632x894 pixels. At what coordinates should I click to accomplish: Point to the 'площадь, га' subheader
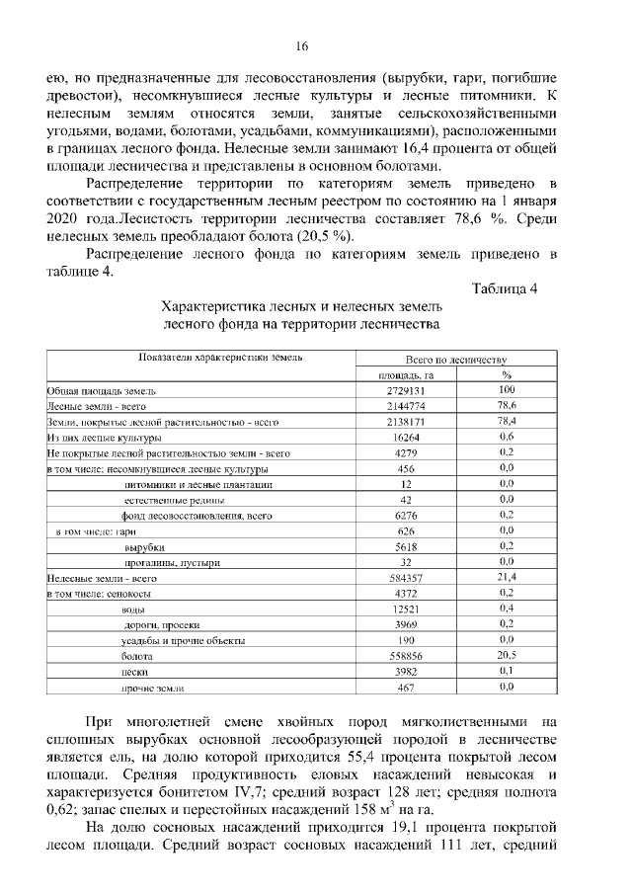point(406,374)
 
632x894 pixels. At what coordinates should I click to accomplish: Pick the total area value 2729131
point(406,390)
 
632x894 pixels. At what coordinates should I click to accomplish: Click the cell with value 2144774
point(406,406)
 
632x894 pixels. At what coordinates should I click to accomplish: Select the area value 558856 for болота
point(406,654)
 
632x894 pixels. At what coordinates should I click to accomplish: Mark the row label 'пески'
point(134,670)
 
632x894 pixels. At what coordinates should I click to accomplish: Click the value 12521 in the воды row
point(406,608)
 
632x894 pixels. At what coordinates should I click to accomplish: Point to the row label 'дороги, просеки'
point(162,623)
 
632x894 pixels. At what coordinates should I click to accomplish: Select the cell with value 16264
point(406,437)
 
